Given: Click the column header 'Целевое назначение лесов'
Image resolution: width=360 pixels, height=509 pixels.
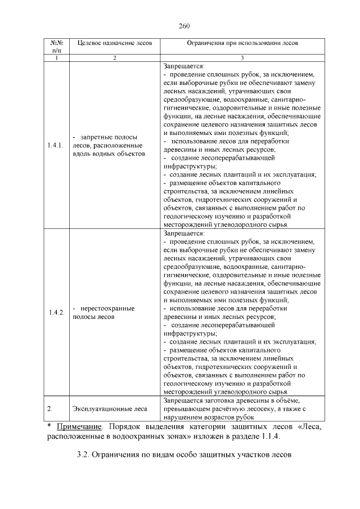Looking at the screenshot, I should (x=114, y=43).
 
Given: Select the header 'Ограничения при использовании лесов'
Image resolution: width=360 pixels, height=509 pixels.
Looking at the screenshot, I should (x=242, y=43).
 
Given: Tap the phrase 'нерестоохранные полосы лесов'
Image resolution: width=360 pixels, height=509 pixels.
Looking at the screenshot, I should (x=106, y=313).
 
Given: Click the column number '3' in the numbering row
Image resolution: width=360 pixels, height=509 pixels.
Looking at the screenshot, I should (x=242, y=58).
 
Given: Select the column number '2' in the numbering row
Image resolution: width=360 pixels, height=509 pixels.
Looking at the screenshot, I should (x=114, y=58).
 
